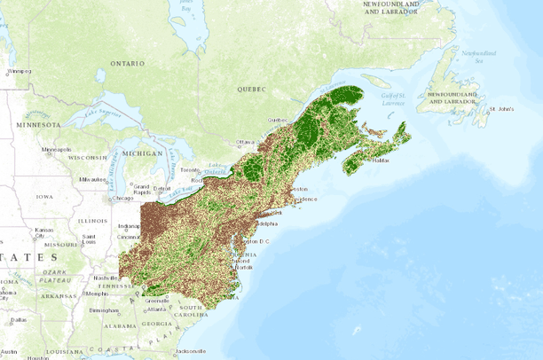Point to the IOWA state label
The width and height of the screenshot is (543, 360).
coord(44,197)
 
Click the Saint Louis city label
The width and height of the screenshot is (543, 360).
coord(89,239)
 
